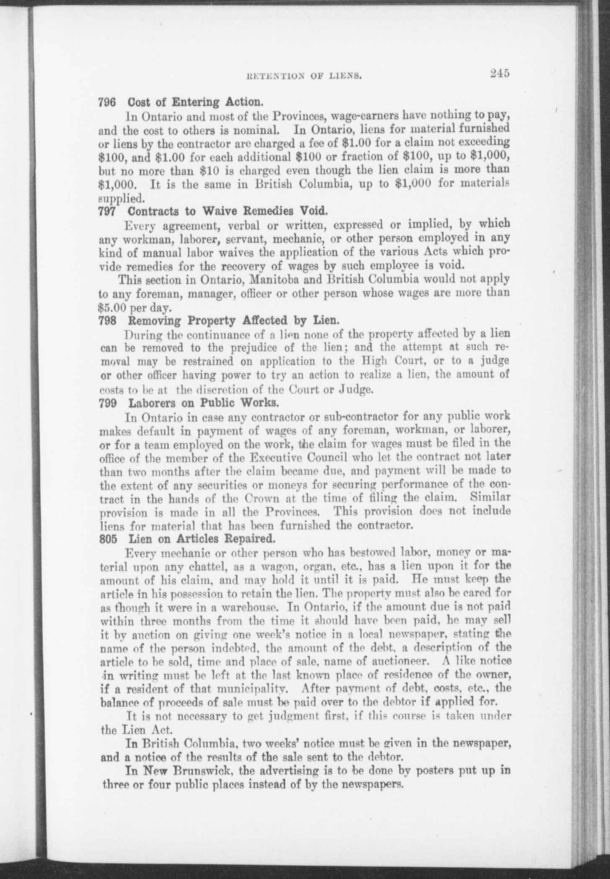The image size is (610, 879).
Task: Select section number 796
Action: click(x=107, y=102)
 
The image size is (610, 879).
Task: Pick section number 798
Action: click(x=107, y=321)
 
